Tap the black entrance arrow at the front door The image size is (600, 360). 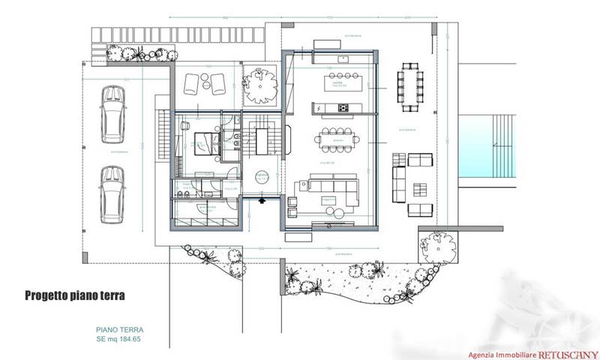coord(262,200)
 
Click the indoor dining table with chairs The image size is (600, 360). coord(335,137)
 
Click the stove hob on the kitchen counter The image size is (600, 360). coord(343,108)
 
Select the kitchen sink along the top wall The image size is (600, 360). coord(341,58)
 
